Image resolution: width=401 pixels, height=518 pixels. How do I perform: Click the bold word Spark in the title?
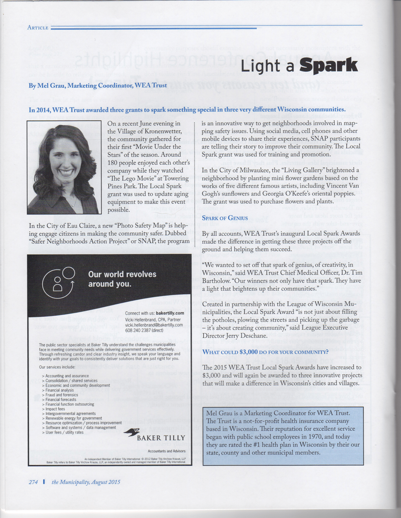328,65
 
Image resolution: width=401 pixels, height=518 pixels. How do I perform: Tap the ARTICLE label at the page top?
38,28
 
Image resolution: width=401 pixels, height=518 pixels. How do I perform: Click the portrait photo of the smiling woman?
64,167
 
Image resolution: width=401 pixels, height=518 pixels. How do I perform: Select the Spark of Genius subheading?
225,218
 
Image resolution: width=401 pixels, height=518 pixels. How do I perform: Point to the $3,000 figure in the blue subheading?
248,352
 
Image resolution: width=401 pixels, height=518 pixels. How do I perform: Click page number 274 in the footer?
33,482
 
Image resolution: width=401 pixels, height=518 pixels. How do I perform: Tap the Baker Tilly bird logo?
132,433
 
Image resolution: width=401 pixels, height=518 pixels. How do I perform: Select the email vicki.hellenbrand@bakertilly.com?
154,325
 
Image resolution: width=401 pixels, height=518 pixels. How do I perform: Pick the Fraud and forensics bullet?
62,395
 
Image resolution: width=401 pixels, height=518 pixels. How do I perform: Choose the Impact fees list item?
55,409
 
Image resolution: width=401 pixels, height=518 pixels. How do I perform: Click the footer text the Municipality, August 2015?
86,482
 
